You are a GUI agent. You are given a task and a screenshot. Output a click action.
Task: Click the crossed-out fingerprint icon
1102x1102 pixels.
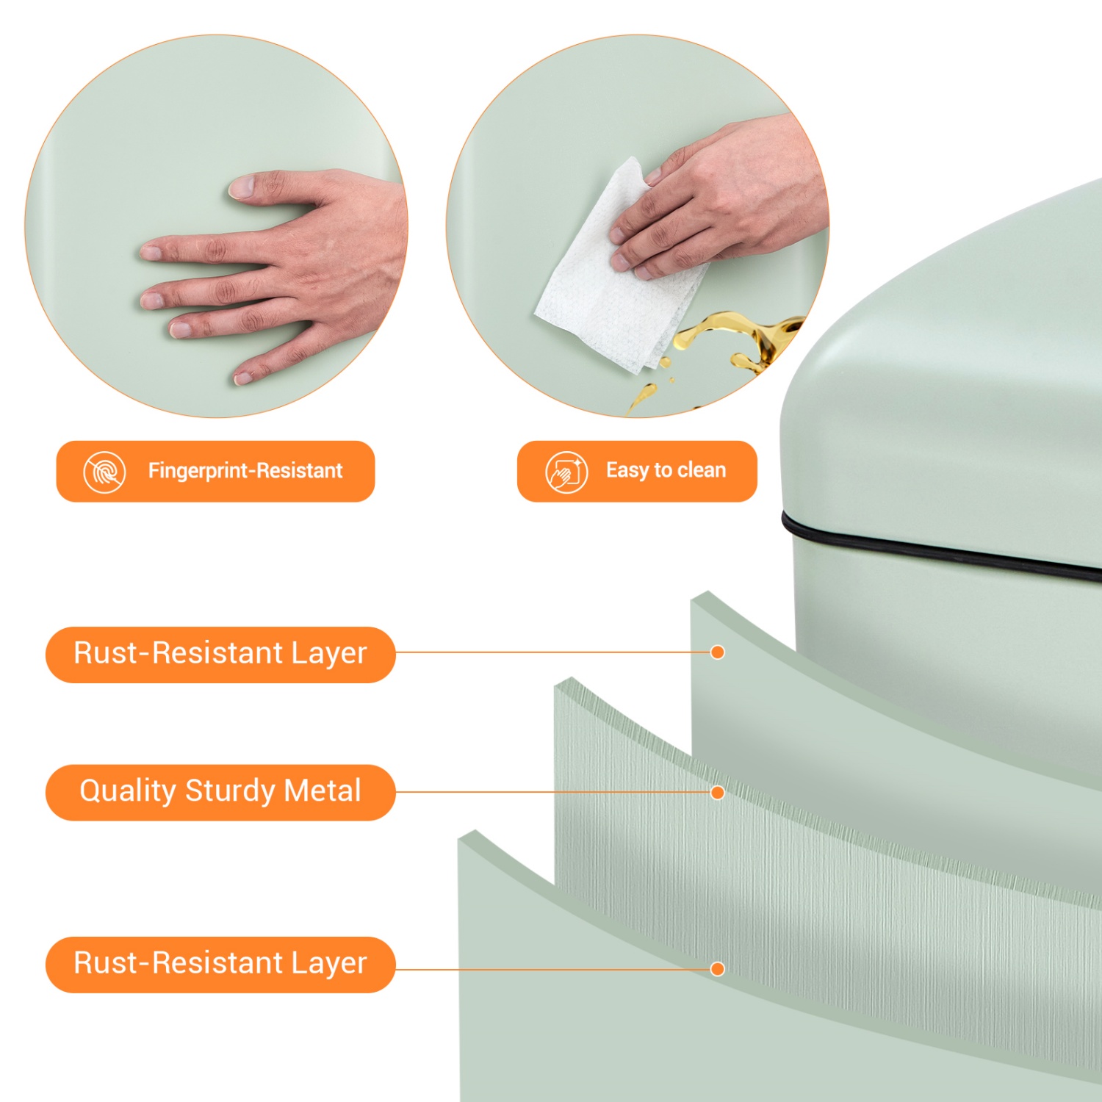104,472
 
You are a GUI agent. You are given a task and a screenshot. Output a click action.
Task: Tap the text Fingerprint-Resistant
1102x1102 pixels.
245,471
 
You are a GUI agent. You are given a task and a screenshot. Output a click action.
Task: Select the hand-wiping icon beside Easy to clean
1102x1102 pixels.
566,472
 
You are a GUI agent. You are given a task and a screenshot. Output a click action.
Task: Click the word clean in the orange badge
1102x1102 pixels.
701,470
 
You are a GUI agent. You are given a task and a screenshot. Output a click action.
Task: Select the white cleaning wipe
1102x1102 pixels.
617,272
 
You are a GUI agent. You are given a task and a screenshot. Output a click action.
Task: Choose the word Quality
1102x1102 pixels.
129,791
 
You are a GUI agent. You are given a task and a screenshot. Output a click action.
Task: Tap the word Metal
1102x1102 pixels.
323,791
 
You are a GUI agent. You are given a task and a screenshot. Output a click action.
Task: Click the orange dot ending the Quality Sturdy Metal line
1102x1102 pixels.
718,793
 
